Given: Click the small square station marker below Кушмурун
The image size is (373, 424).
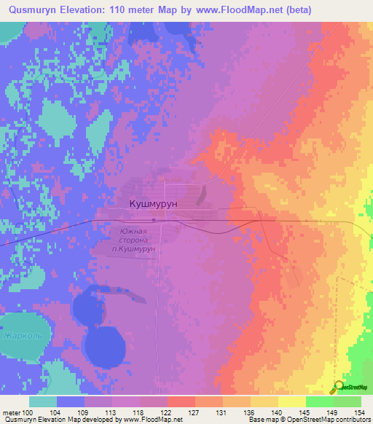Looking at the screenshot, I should pos(154,219).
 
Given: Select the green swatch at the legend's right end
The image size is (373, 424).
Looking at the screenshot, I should pos(348,401).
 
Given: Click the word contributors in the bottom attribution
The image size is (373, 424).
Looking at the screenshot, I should pos(350,420).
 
